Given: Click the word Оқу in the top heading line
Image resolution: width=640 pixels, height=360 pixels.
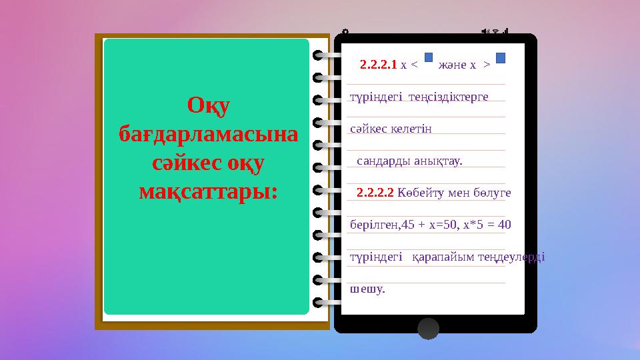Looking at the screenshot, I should pyautogui.click(x=209, y=105).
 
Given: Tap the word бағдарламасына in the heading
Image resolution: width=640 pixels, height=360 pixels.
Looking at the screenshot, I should pyautogui.click(x=208, y=135).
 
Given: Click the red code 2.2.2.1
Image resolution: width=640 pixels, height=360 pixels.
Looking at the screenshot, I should pyautogui.click(x=378, y=65).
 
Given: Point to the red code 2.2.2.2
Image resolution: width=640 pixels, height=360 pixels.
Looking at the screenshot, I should pyautogui.click(x=375, y=193).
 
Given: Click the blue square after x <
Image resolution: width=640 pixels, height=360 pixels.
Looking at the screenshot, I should pyautogui.click(x=429, y=58).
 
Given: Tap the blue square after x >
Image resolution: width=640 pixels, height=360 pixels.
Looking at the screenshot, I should pyautogui.click(x=500, y=59).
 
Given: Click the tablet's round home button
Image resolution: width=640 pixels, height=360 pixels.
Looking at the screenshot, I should pyautogui.click(x=429, y=328).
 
